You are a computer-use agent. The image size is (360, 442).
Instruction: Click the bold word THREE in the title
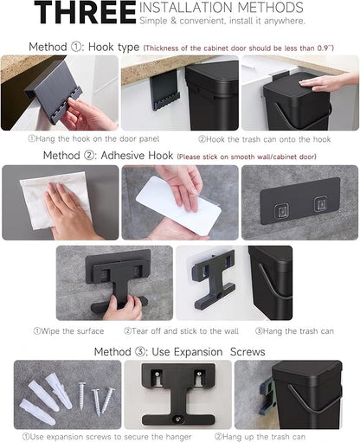point(85,12)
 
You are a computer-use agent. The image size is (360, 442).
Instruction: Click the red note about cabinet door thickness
point(239,48)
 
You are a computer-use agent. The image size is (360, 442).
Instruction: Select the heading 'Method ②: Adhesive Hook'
point(108,156)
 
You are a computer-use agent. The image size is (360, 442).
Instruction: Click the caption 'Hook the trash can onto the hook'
point(265,139)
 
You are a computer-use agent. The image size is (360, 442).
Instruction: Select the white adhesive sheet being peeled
point(179,202)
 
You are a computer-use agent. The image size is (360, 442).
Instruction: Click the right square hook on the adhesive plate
point(320,203)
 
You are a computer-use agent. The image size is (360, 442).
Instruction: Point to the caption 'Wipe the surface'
point(68,331)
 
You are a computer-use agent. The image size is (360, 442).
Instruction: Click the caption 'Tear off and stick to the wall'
point(181,331)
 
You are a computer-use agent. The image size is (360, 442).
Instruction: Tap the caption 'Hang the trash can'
point(294,331)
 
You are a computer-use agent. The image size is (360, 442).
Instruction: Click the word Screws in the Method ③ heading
point(247,352)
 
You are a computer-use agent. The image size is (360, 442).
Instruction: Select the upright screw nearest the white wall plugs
point(82,395)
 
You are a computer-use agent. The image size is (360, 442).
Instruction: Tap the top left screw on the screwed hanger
point(157,374)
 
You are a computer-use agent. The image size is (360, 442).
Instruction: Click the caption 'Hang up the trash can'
point(260,437)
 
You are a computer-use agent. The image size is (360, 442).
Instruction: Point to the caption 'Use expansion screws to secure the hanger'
point(106,437)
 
